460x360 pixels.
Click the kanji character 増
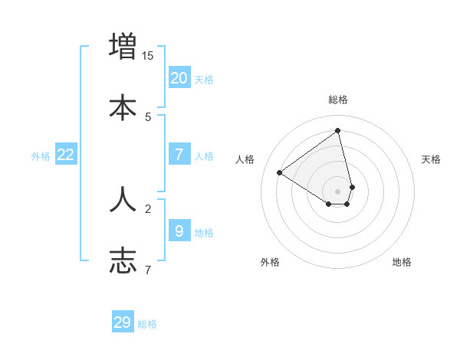pos(123,46)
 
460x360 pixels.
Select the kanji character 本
pos(123,107)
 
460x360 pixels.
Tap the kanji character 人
pos(123,198)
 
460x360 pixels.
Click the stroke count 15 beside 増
pos(148,55)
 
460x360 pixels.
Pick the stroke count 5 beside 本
pos(148,116)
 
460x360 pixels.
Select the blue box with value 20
pos(179,78)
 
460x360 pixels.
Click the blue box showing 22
pos(66,155)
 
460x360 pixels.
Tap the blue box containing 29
pos(123,322)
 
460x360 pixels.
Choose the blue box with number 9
pos(179,231)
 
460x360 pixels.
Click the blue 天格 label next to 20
pos(204,80)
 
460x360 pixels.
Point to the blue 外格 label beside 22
pos(41,156)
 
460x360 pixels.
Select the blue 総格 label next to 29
pos(147,324)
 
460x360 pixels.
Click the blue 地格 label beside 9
pos(204,233)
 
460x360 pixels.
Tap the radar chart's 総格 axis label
pos(338,100)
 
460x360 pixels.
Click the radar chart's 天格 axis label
pos(432,159)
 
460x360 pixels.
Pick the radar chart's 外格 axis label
pos(270,262)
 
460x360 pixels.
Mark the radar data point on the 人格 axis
pos(280,172)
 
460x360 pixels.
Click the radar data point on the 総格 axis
pos(338,130)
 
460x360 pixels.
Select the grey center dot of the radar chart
pos(338,191)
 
